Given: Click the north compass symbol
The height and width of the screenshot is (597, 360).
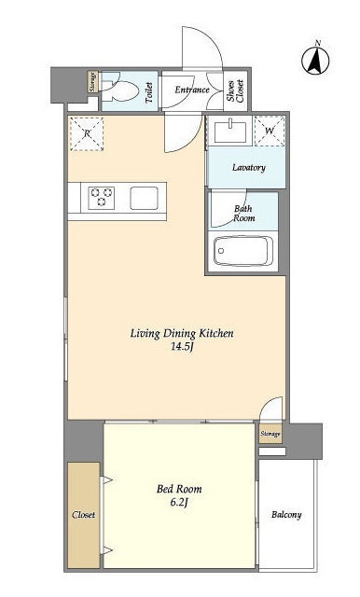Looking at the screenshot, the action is (x=315, y=60).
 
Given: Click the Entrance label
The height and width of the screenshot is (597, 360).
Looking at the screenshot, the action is (x=192, y=90).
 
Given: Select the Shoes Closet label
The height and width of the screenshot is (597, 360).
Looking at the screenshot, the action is (x=235, y=90).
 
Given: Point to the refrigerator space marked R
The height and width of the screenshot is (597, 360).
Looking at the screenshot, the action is (x=87, y=133).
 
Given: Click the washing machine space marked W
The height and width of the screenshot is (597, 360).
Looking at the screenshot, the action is (x=270, y=131).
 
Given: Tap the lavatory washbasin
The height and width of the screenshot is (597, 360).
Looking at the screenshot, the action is (x=229, y=131).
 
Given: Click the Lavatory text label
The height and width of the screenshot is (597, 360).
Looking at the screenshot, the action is (x=249, y=168).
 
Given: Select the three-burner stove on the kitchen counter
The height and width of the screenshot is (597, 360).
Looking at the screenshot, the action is (x=102, y=198).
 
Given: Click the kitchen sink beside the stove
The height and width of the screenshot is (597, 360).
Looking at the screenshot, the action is (x=145, y=198).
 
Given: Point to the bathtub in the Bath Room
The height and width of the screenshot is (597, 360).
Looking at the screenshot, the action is (x=243, y=251).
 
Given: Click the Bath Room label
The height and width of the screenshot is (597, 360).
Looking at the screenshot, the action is (x=244, y=214).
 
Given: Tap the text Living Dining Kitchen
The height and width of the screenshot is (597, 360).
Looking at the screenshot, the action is (x=182, y=334).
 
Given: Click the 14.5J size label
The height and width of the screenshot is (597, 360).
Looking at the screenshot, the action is (x=182, y=347).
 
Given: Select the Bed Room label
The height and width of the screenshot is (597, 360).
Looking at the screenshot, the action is (x=179, y=489).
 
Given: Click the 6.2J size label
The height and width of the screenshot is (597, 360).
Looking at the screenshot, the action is (x=179, y=503).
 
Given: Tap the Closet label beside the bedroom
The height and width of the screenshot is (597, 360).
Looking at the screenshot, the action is (x=83, y=515).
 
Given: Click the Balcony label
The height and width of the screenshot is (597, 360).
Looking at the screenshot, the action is (x=286, y=515).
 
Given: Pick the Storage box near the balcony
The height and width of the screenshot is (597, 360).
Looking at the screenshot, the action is (x=270, y=434).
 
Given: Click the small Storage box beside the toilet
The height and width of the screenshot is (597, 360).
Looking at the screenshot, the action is (x=92, y=82).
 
